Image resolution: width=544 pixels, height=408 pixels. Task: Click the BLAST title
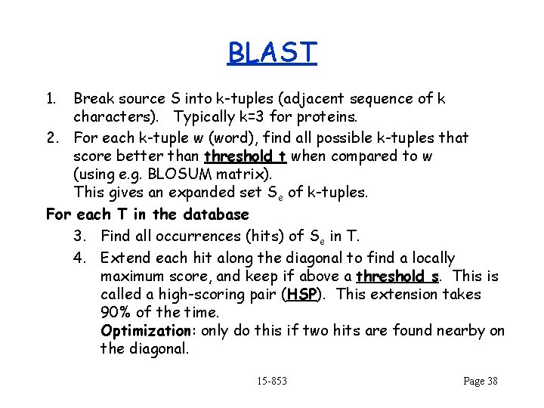pyautogui.click(x=272, y=53)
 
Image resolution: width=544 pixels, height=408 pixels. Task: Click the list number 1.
pyautogui.click(x=51, y=98)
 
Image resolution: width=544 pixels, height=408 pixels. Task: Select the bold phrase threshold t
pyautogui.click(x=245, y=156)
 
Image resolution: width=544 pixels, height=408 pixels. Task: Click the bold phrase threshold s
pyautogui.click(x=397, y=276)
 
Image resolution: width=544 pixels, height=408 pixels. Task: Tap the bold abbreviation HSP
pyautogui.click(x=301, y=294)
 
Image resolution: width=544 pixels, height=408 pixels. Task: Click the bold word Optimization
pyautogui.click(x=147, y=330)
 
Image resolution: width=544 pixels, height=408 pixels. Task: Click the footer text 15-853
pyautogui.click(x=272, y=381)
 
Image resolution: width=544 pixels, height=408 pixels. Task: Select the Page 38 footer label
pyautogui.click(x=481, y=381)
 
